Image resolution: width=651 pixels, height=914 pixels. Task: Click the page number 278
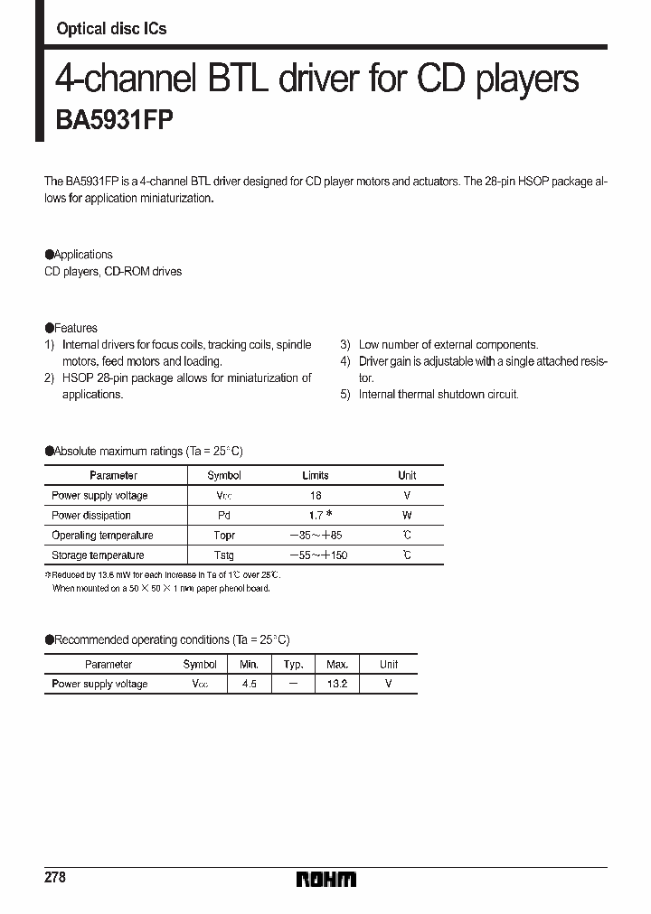(x=55, y=878)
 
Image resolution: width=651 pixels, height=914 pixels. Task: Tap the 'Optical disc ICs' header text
(x=111, y=29)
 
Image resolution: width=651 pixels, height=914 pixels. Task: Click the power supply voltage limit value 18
(x=316, y=496)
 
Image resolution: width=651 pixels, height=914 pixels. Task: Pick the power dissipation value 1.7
(x=315, y=516)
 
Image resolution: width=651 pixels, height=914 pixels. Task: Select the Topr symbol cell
(x=224, y=536)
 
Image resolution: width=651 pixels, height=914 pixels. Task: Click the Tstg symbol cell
(x=224, y=555)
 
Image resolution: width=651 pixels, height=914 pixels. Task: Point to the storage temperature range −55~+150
(x=318, y=555)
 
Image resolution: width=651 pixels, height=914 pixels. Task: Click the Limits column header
(x=316, y=475)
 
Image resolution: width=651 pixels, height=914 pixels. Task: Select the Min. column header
(x=249, y=665)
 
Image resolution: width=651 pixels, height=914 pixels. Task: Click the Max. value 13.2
(x=336, y=685)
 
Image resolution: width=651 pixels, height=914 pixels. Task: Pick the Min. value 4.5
(x=249, y=685)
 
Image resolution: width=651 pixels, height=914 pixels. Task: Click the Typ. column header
(x=293, y=665)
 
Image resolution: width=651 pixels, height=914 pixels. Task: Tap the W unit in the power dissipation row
(x=407, y=516)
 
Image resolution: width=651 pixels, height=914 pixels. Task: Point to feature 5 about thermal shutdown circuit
(x=438, y=395)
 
